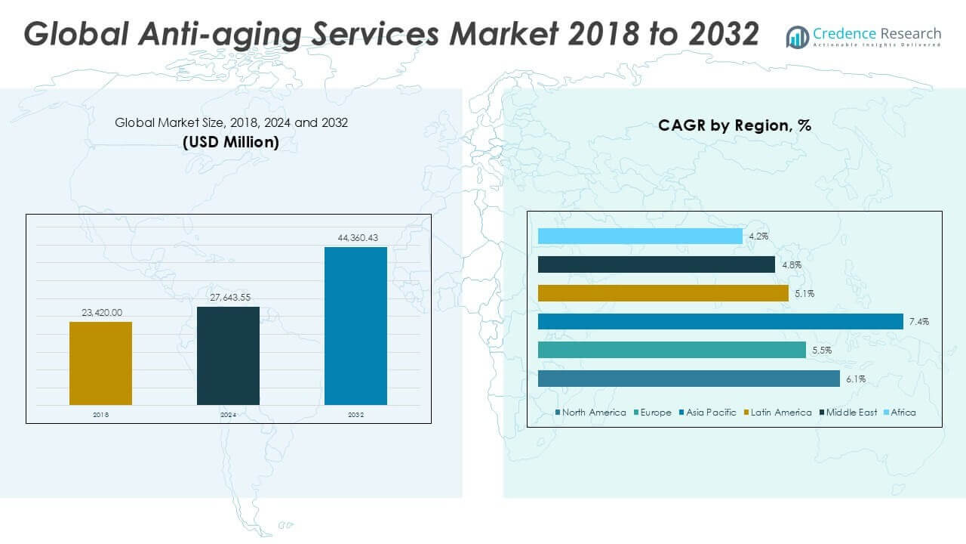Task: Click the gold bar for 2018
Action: coord(100,363)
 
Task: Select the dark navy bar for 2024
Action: coord(228,355)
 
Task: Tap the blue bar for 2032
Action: coord(355,326)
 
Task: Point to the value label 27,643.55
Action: coord(229,298)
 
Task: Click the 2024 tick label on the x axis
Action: coord(228,414)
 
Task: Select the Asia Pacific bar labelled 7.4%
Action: coord(720,322)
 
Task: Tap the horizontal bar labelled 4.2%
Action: coord(640,236)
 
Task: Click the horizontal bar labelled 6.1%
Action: coord(688,379)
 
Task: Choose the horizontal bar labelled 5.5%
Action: coord(672,350)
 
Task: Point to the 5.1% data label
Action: coord(804,293)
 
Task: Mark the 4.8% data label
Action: coord(792,265)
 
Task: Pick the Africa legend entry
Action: coord(903,413)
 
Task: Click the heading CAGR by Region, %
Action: coord(734,125)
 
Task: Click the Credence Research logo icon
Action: coord(797,36)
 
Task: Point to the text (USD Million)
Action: coord(231,142)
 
